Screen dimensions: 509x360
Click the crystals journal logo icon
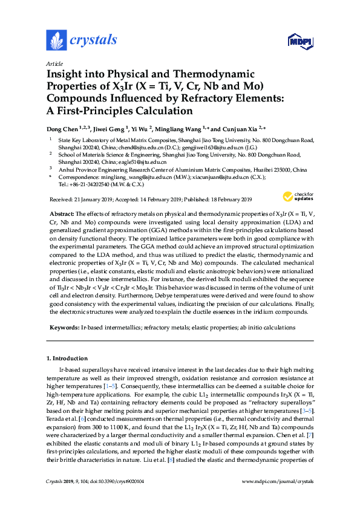coord(56,41)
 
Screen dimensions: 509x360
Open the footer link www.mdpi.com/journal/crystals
coord(277,498)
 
